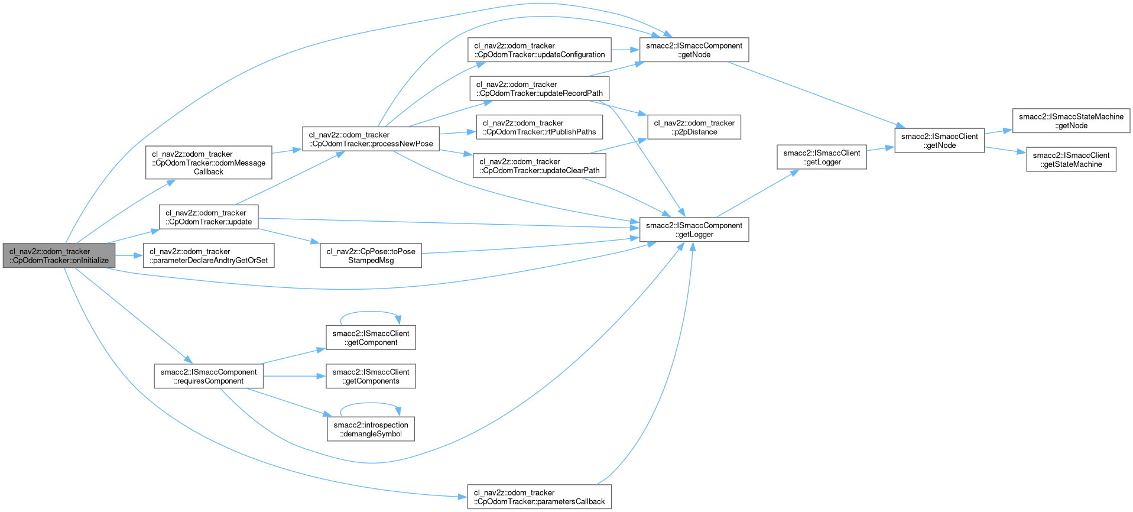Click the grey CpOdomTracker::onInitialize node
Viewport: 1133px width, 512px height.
point(59,255)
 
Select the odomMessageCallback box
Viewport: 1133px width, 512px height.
point(209,163)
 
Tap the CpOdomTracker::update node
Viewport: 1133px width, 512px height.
point(209,217)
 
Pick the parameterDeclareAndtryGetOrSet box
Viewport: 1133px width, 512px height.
point(209,255)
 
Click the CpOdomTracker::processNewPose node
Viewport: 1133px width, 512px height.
point(371,139)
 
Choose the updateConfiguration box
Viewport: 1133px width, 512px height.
point(540,50)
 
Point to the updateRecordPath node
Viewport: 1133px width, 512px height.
point(540,89)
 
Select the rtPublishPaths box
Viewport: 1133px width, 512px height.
point(540,127)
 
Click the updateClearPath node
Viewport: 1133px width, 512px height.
point(540,166)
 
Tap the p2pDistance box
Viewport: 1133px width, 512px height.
point(694,127)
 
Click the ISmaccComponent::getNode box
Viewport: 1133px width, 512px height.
point(694,50)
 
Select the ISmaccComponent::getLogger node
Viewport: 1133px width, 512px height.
point(694,229)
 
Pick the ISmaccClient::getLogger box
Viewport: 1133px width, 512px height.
point(822,157)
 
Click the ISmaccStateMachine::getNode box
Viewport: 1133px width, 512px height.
point(1071,121)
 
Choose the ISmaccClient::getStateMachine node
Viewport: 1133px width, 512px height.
point(1071,160)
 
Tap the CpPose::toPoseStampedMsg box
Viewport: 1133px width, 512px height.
point(371,255)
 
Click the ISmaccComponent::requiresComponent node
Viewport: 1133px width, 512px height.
point(209,376)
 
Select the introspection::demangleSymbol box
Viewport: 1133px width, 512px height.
point(371,429)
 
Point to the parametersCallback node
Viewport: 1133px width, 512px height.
point(540,497)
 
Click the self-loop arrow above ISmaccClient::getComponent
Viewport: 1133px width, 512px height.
point(370,312)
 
